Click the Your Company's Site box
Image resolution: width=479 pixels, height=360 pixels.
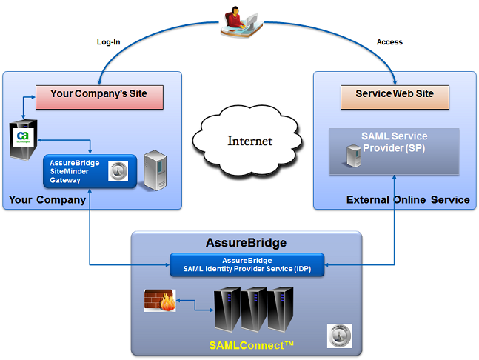(100, 97)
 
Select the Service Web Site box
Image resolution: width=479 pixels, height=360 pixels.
(395, 97)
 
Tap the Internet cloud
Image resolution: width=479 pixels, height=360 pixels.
(248, 141)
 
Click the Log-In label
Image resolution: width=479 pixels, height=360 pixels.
(108, 42)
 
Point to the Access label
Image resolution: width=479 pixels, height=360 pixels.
(389, 42)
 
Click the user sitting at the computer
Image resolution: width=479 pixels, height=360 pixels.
(241, 21)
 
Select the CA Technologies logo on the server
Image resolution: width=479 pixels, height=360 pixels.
(23, 137)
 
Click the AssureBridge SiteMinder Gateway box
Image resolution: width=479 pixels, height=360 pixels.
(90, 171)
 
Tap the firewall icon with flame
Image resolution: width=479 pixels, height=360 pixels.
(160, 301)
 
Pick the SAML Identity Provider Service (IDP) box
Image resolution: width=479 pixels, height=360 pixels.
(247, 264)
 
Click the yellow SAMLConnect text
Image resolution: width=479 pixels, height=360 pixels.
(251, 345)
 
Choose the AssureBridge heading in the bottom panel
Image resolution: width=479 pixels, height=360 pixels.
(247, 243)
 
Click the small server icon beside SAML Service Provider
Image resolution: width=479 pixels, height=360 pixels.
(354, 156)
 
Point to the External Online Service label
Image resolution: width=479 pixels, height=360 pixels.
(408, 199)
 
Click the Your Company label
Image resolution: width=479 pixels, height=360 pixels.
(47, 200)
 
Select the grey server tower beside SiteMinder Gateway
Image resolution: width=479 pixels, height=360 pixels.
(155, 170)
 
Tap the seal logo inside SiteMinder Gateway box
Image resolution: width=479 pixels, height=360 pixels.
(118, 171)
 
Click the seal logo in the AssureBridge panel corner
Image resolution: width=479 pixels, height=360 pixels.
(339, 336)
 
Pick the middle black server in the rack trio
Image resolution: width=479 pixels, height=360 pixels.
(253, 310)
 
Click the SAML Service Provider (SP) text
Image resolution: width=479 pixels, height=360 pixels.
(394, 141)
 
